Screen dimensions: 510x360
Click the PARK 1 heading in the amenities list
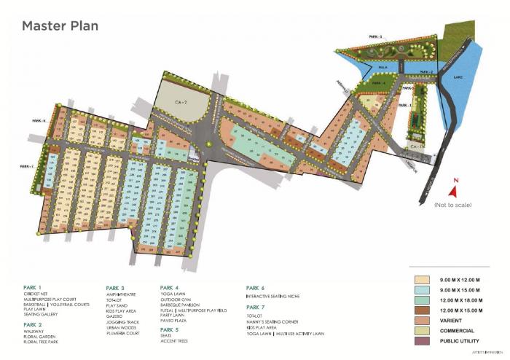(x=33, y=287)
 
